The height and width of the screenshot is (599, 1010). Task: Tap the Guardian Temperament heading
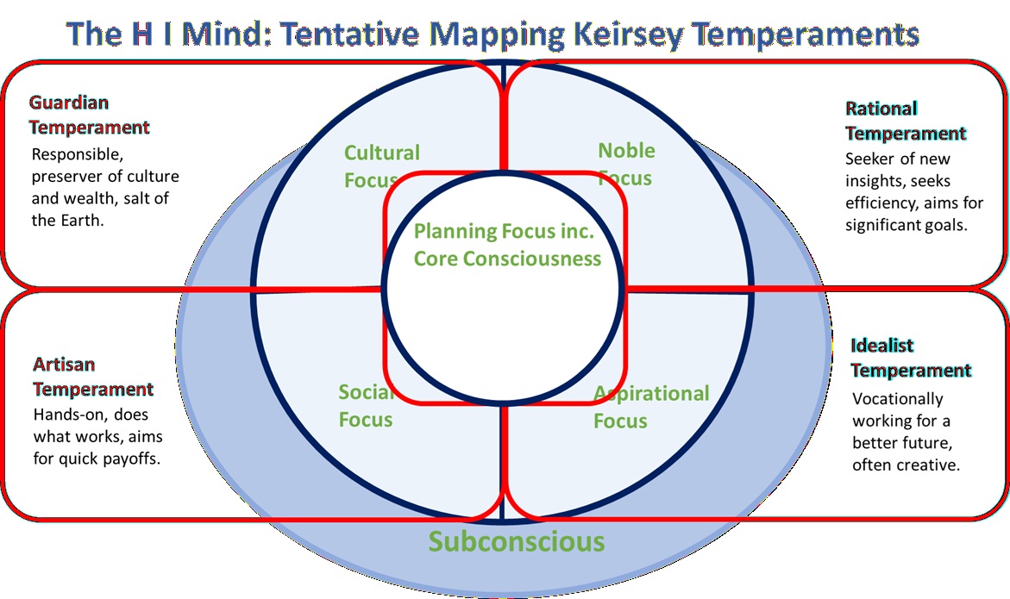coord(89,115)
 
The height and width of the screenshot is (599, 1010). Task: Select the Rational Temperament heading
coord(905,121)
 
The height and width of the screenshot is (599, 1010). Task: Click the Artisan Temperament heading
coord(93,377)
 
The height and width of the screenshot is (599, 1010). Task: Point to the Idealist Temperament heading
coord(910,358)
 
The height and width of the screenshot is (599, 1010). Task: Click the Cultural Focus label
coord(381,165)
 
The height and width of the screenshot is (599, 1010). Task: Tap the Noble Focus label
coord(626,164)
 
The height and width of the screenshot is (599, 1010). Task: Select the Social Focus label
coord(366,406)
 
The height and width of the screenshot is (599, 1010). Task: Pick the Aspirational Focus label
coord(650,407)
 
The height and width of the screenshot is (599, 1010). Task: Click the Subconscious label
coord(517,541)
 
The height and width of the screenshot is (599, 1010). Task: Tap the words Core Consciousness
coord(507,258)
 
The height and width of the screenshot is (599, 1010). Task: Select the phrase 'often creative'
coord(906,465)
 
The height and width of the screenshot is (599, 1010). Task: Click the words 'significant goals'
coord(906,226)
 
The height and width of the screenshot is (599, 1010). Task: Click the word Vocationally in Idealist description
coord(897,399)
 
